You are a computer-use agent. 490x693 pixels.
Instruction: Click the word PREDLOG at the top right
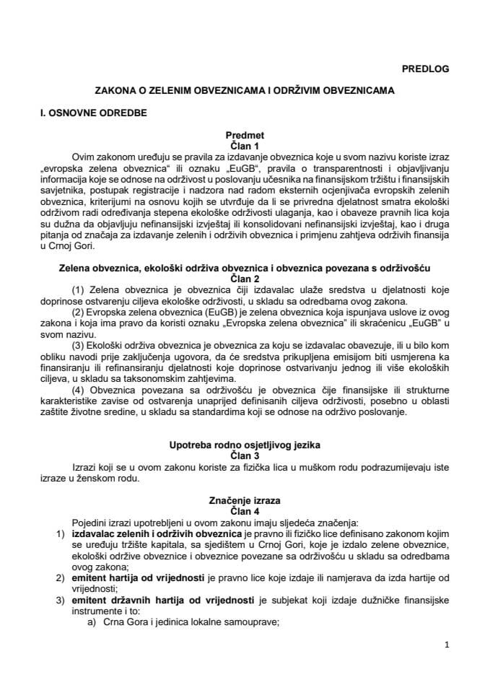pyautogui.click(x=426, y=69)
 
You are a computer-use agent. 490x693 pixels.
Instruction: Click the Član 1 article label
pyautogui.click(x=245, y=145)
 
